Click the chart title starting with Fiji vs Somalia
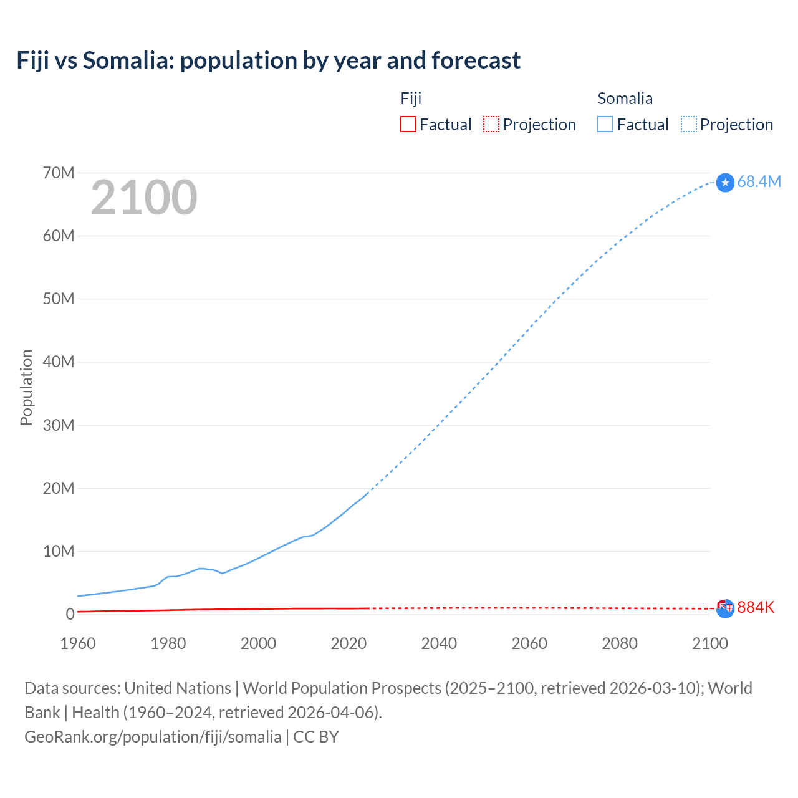coord(268,60)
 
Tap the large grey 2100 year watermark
coord(144,198)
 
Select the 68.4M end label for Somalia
coord(759,181)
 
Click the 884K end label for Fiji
coord(756,607)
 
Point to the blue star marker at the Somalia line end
coord(725,183)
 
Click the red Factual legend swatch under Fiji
coord(408,124)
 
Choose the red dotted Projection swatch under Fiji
coord(491,124)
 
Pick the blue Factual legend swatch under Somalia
coord(605,124)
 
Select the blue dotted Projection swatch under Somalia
coord(689,124)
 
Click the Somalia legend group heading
coord(625,99)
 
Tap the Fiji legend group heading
coord(411,99)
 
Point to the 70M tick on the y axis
coord(59,173)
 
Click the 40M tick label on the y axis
coord(59,362)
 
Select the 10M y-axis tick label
coord(59,551)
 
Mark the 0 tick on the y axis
coord(70,614)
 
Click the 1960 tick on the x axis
coord(78,643)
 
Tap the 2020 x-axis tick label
coord(349,643)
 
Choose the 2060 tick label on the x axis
coord(529,643)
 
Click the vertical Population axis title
coord(26,387)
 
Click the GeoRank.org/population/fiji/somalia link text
coord(153,736)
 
